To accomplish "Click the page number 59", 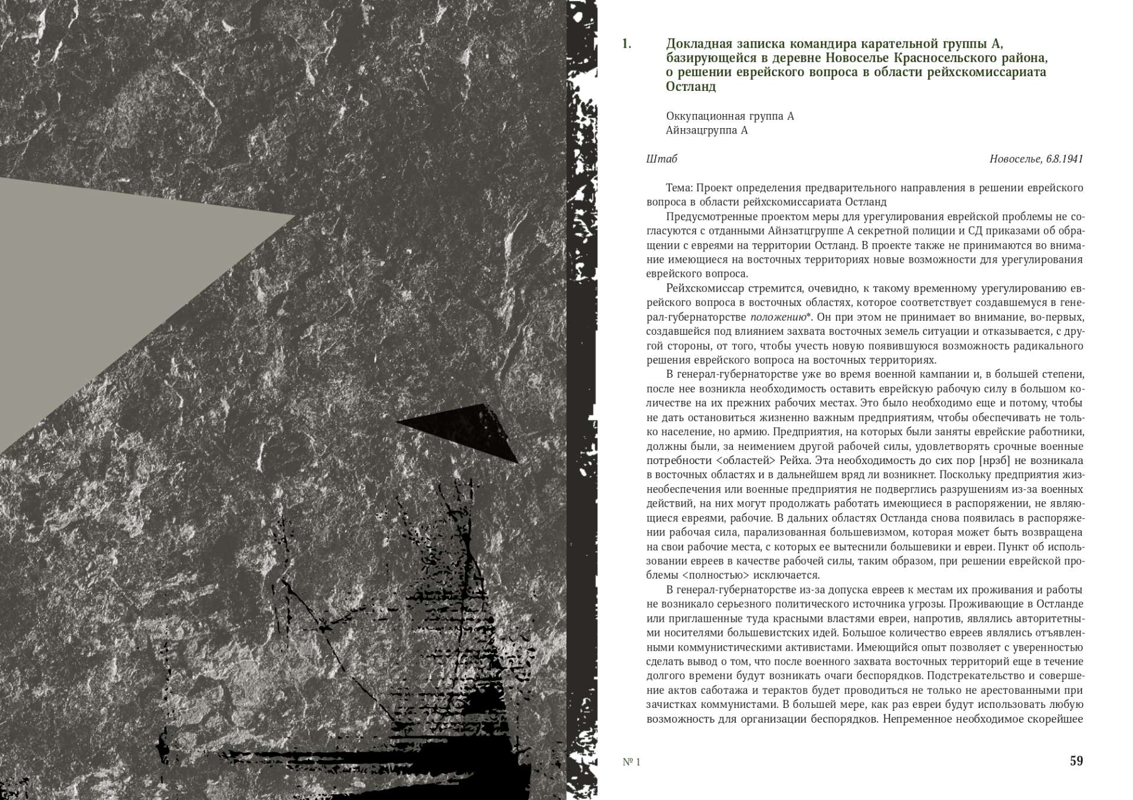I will point(1076,761).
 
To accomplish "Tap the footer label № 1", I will point(631,762).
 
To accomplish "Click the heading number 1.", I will point(627,44).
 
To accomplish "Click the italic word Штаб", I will point(662,159).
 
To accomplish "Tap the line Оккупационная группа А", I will point(729,116).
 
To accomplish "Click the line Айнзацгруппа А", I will point(706,130).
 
